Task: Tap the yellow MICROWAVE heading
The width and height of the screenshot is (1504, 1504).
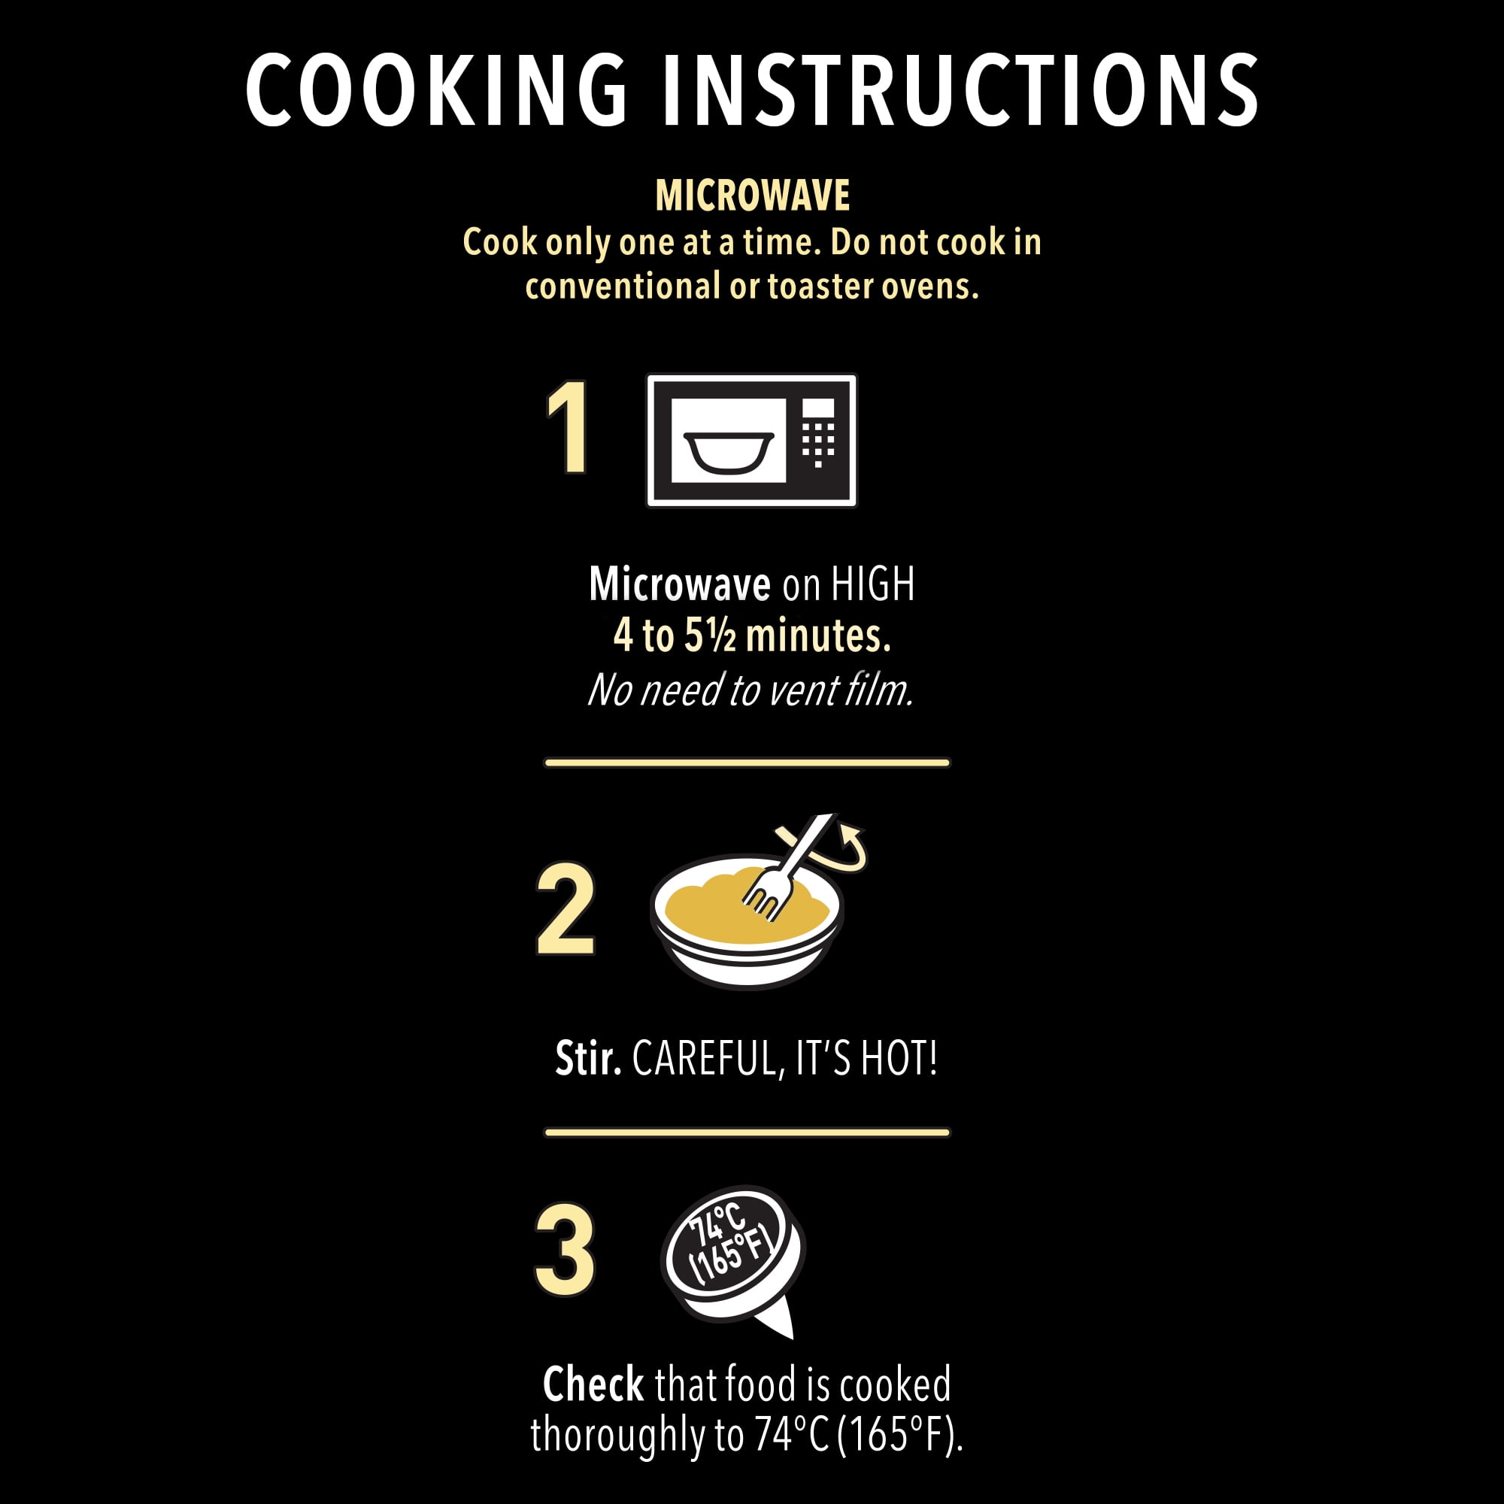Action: click(x=752, y=196)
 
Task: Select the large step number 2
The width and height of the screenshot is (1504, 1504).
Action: click(x=566, y=909)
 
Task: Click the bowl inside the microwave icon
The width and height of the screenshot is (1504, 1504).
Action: click(x=728, y=452)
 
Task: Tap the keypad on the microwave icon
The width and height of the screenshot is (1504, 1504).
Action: click(x=817, y=434)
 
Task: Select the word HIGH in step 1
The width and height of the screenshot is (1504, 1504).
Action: click(x=872, y=584)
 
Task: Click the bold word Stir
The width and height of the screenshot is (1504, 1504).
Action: click(x=588, y=1059)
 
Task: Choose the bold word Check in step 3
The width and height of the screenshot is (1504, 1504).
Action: click(x=593, y=1384)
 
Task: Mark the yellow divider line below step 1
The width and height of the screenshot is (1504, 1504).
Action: click(x=747, y=763)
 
